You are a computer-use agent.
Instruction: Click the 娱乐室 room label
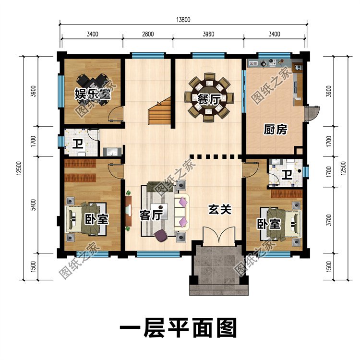click(93, 94)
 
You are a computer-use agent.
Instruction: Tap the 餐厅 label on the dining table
click(209, 99)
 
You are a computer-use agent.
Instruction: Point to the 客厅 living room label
click(150, 215)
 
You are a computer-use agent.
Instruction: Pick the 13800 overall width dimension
click(183, 20)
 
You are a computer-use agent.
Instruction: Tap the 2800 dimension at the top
click(147, 34)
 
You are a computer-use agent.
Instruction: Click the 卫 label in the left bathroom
click(77, 143)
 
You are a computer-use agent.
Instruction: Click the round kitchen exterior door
click(312, 112)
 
